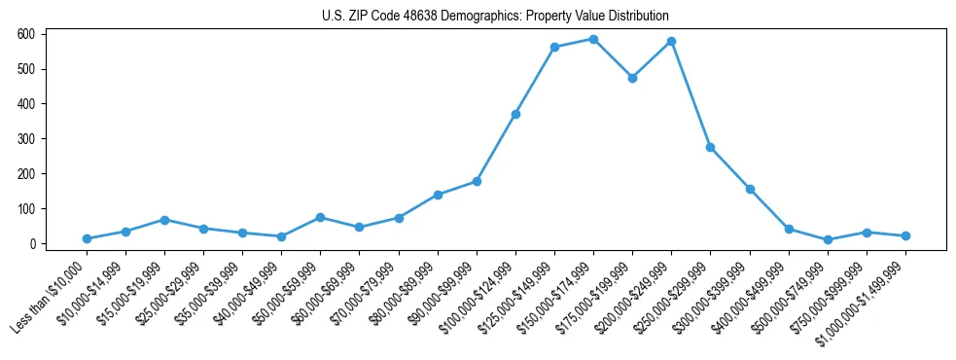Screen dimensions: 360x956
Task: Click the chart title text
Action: click(x=495, y=17)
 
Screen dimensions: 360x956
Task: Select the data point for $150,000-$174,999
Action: click(x=593, y=39)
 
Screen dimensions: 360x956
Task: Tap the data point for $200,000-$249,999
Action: click(x=671, y=42)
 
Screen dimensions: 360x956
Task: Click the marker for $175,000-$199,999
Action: click(x=632, y=78)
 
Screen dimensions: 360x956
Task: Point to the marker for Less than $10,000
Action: click(x=87, y=238)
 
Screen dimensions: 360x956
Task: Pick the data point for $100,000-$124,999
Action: click(x=515, y=114)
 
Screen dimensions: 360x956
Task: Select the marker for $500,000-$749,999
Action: click(x=828, y=239)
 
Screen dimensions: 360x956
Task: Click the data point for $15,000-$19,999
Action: click(x=164, y=220)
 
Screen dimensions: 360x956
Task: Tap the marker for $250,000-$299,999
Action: click(x=710, y=147)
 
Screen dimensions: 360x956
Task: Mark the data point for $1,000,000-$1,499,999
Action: click(x=905, y=235)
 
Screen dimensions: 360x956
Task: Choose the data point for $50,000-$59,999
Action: click(x=320, y=217)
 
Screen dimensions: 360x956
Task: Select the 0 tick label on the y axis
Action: click(x=32, y=244)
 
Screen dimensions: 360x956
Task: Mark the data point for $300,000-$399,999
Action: click(x=750, y=189)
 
